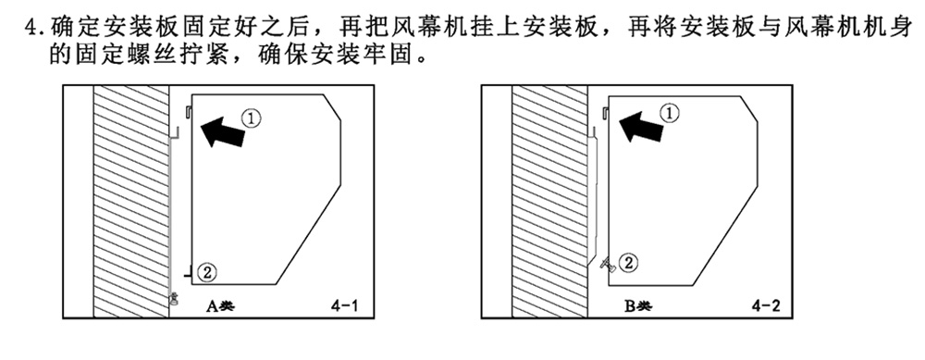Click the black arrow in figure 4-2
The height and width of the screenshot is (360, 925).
point(640,126)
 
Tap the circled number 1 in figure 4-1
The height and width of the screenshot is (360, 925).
point(253,117)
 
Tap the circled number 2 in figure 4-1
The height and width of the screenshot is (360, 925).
point(208,272)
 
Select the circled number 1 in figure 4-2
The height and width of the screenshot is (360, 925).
point(672,112)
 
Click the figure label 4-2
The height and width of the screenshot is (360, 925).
point(769,304)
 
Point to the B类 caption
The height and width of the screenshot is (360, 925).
point(637,305)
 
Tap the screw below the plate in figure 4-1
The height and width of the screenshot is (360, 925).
point(173,297)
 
